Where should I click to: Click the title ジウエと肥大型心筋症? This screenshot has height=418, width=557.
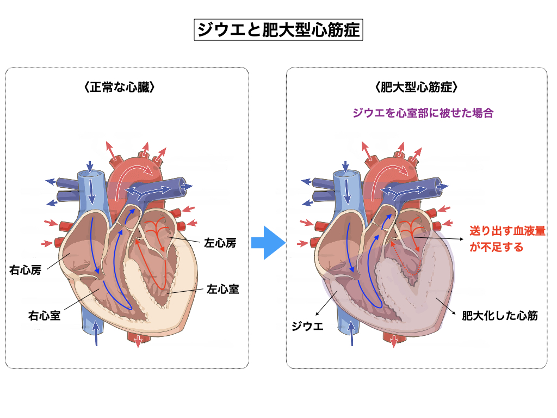point(278,29)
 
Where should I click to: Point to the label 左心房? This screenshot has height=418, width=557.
point(220,242)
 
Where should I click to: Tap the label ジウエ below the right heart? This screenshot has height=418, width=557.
point(307,327)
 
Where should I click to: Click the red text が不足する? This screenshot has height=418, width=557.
point(496,247)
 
